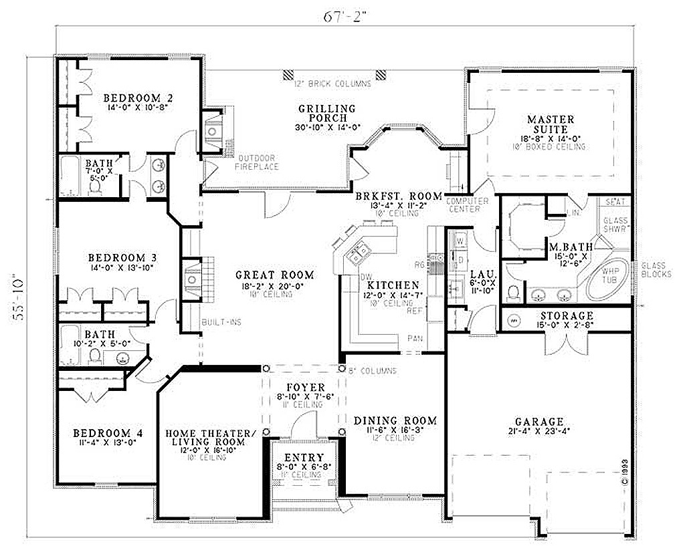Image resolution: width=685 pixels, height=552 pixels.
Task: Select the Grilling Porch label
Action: click(327, 114)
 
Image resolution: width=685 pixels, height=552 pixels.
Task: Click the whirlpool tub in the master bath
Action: click(609, 279)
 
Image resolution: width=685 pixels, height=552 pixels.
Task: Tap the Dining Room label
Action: click(395, 420)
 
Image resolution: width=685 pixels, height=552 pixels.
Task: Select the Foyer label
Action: click(306, 388)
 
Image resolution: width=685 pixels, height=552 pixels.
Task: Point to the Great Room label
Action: click(274, 275)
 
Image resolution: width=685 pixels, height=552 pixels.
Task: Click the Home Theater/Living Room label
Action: click(211, 438)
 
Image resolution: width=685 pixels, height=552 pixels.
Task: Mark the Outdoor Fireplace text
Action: click(257, 162)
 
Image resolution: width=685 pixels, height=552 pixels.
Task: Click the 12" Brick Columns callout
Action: click(332, 84)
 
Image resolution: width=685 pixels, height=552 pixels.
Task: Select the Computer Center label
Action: click(467, 204)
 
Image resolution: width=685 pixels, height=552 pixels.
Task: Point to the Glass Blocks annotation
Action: click(656, 269)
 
